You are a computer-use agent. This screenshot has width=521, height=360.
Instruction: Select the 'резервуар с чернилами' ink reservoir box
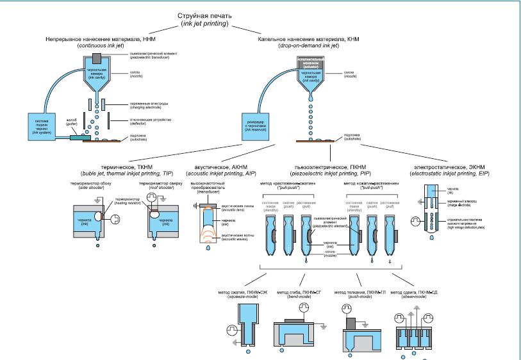[x=260, y=124]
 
